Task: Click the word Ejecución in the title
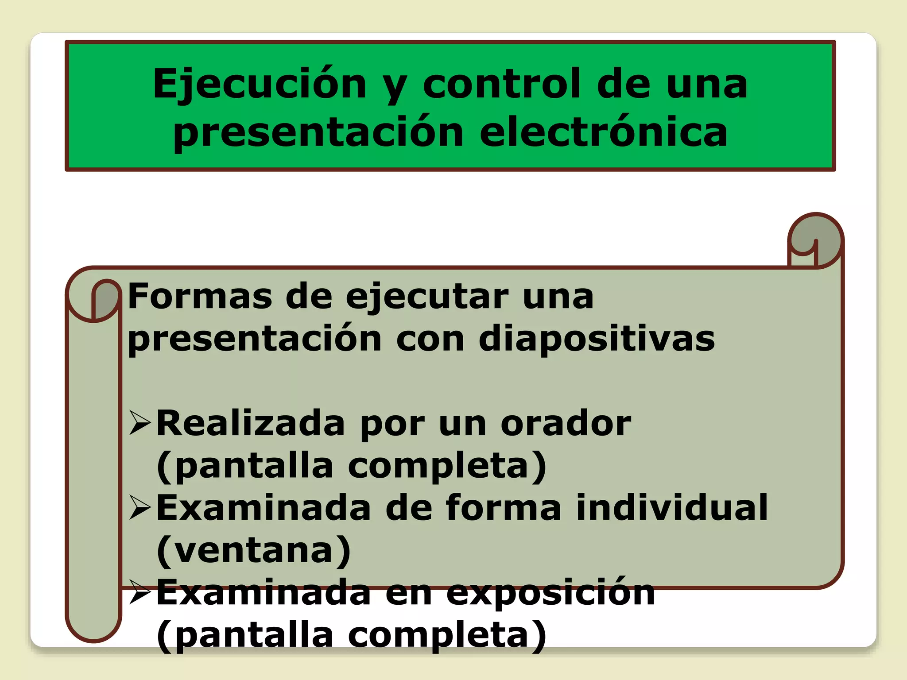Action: [260, 84]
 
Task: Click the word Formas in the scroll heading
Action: [200, 296]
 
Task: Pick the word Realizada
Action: [250, 423]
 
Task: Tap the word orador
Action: [566, 423]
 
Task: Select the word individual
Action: [672, 508]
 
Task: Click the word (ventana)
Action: [254, 550]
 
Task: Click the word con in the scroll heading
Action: [430, 339]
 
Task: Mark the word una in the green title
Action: [707, 84]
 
